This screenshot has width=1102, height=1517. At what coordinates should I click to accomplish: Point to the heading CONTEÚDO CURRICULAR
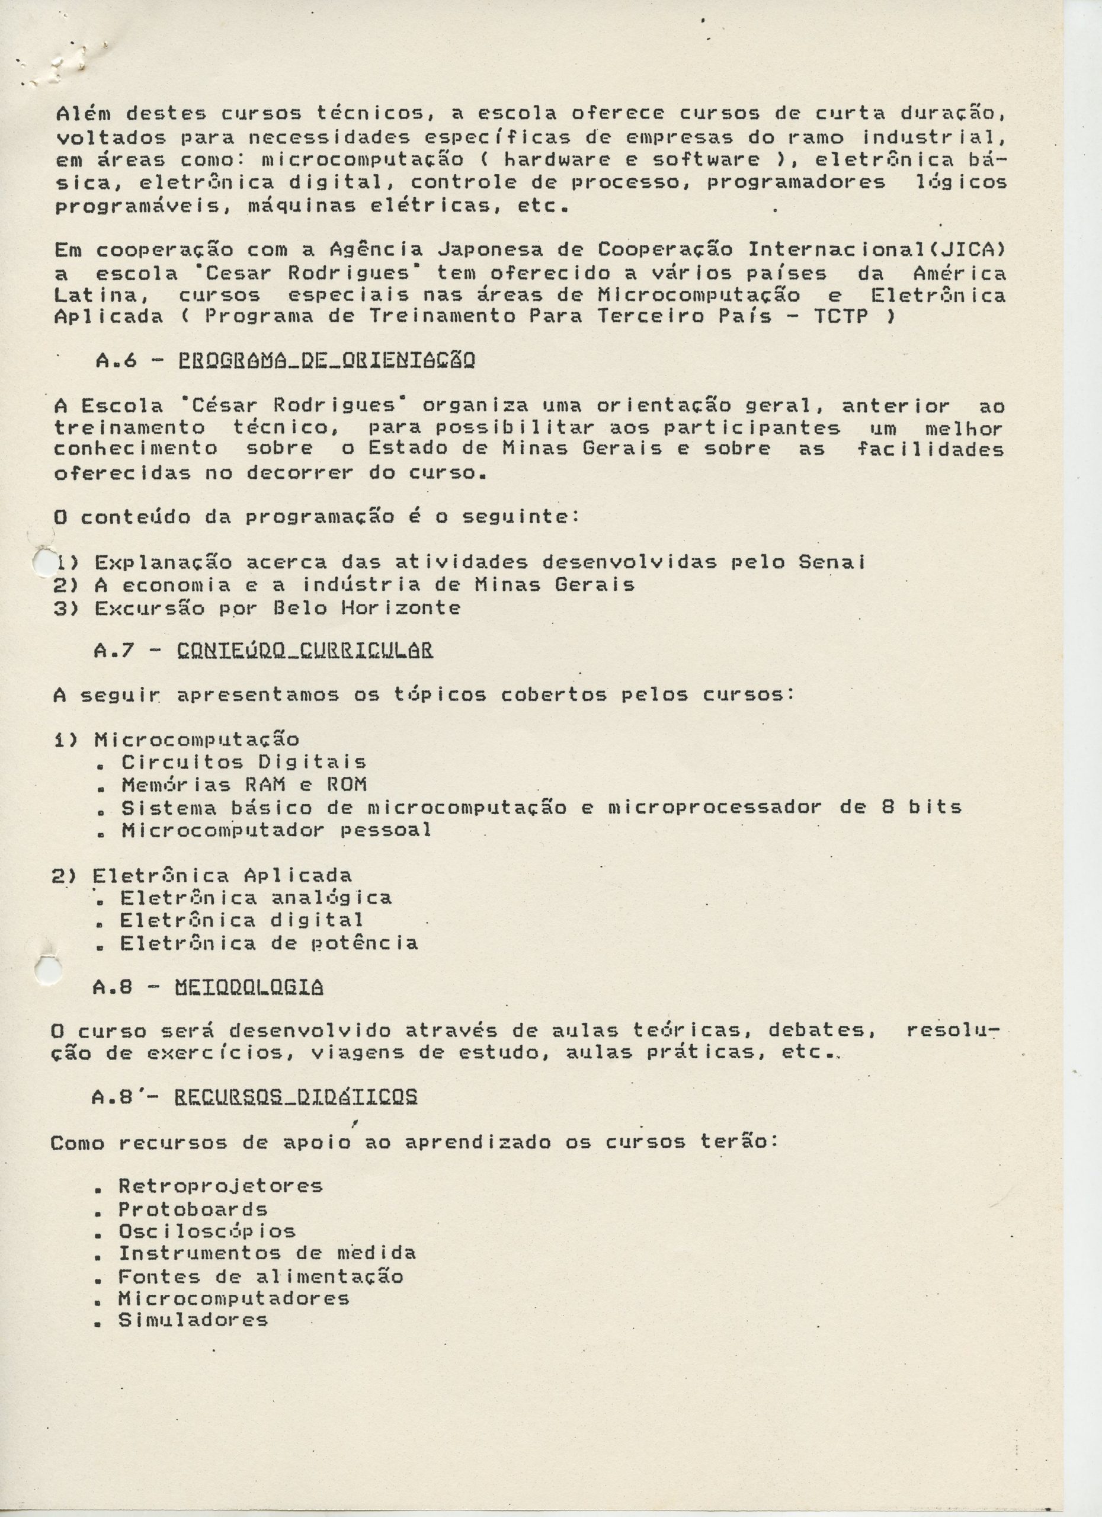pyautogui.click(x=306, y=650)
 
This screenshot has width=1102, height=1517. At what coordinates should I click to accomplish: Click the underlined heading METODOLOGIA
pyautogui.click(x=249, y=987)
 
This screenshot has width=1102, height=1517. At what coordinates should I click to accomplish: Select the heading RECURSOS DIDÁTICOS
pyautogui.click(x=296, y=1097)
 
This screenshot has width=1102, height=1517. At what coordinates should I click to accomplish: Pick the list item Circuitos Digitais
pyautogui.click(x=244, y=762)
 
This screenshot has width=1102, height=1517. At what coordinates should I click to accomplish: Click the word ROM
pyautogui.click(x=347, y=785)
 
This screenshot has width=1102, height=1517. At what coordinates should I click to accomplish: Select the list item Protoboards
pyautogui.click(x=193, y=1209)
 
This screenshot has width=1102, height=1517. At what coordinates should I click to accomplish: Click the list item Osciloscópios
pyautogui.click(x=207, y=1231)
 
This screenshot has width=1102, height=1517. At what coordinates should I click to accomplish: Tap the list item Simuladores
pyautogui.click(x=193, y=1320)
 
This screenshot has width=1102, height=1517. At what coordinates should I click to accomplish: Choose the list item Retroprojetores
pyautogui.click(x=220, y=1186)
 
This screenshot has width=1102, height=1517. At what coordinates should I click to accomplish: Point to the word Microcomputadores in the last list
pyautogui.click(x=233, y=1298)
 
